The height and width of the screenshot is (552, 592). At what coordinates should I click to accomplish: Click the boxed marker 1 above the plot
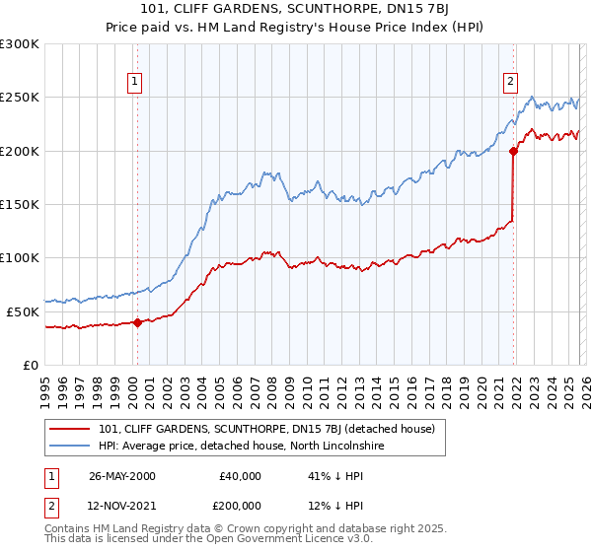coord(133,83)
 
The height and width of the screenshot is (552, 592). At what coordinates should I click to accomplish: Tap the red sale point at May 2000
coord(138,321)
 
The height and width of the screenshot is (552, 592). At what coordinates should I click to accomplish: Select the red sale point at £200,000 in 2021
coord(513,151)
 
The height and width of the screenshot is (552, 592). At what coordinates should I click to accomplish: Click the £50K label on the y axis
coord(23,311)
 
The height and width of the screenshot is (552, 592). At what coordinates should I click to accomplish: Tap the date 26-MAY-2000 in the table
coord(121,476)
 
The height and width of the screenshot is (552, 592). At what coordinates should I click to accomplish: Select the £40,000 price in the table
coord(240,476)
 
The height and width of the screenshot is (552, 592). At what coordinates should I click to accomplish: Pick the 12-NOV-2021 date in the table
coord(121,508)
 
